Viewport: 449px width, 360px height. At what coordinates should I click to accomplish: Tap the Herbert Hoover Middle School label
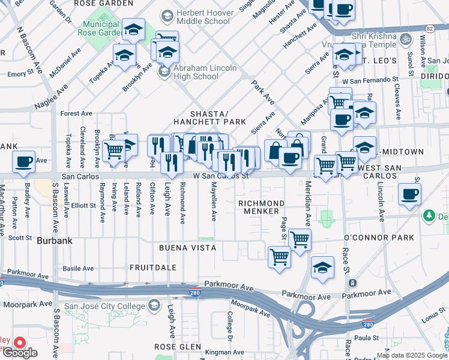(x=203, y=16)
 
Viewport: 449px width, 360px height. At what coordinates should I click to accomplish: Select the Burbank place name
(x=54, y=241)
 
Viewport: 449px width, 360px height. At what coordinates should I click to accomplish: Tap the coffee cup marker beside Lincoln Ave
(x=410, y=194)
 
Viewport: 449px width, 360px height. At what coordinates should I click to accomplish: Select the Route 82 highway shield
(x=429, y=28)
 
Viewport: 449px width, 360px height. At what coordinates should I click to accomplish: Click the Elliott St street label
(x=84, y=205)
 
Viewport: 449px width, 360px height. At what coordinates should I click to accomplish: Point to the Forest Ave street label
(x=76, y=113)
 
